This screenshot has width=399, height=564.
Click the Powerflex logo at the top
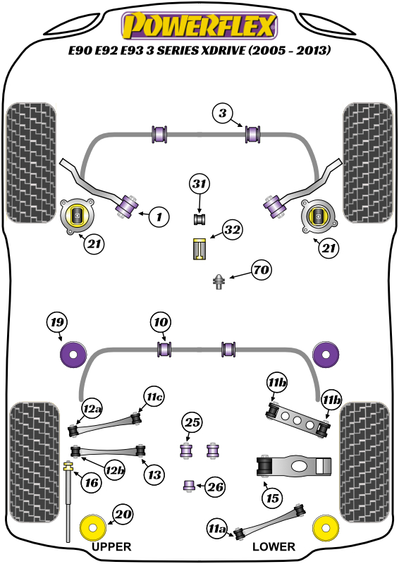[199, 25]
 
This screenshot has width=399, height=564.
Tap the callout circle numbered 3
[223, 114]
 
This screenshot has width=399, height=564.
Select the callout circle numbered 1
[159, 216]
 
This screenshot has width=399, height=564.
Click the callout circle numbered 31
[199, 184]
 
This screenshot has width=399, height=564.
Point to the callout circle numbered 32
[232, 230]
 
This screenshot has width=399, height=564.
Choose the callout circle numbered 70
[262, 269]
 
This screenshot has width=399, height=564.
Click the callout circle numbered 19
[57, 322]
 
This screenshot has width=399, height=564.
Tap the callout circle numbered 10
[161, 322]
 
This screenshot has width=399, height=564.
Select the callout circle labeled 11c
[154, 397]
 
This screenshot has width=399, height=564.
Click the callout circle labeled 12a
[92, 409]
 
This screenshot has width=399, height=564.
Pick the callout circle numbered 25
[192, 422]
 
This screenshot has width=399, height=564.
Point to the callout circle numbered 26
[216, 487]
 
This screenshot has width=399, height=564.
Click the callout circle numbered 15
[272, 498]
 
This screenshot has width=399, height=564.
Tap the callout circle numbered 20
[123, 515]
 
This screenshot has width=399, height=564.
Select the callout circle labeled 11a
[217, 528]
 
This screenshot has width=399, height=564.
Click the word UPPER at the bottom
[111, 547]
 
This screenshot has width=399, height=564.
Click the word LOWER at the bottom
[274, 547]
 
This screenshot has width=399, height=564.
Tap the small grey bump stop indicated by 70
[219, 281]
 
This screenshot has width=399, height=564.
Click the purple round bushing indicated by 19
[73, 355]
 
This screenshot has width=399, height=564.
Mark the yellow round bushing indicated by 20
[93, 528]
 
